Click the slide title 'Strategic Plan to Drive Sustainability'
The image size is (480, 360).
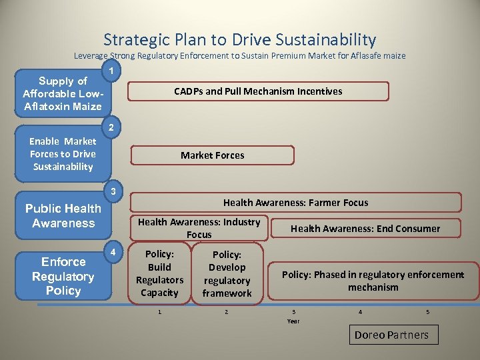click(240, 39)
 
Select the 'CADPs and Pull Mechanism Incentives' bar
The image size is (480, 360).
click(258, 91)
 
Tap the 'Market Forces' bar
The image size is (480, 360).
click(212, 155)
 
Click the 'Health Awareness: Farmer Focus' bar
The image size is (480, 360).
click(295, 203)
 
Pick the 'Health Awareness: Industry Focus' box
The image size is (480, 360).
click(199, 228)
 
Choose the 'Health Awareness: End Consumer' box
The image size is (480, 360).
click(365, 229)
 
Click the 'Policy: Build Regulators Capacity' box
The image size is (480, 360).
click(159, 273)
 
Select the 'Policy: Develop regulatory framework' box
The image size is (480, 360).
click(227, 274)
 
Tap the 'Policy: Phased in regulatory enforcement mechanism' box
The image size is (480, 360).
click(373, 281)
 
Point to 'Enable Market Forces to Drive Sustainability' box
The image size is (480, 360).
click(63, 154)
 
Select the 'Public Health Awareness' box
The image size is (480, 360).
click(63, 216)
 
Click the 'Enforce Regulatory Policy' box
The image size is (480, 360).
click(63, 276)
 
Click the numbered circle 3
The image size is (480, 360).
click(114, 192)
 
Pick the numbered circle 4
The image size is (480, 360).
click(114, 252)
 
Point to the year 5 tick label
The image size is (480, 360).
click(427, 312)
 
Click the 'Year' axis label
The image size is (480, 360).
click(293, 321)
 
